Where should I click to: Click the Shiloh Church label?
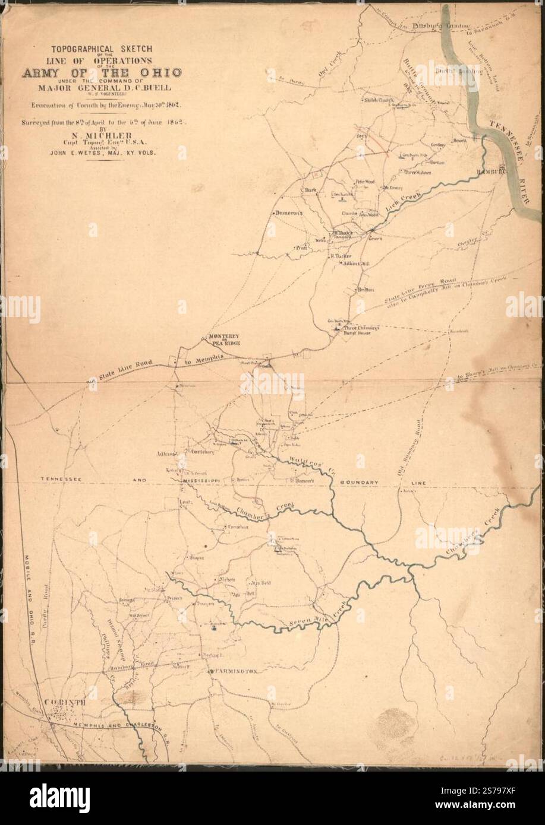[377, 100]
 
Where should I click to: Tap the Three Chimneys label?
[359, 327]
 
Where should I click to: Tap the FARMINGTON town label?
[235, 671]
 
